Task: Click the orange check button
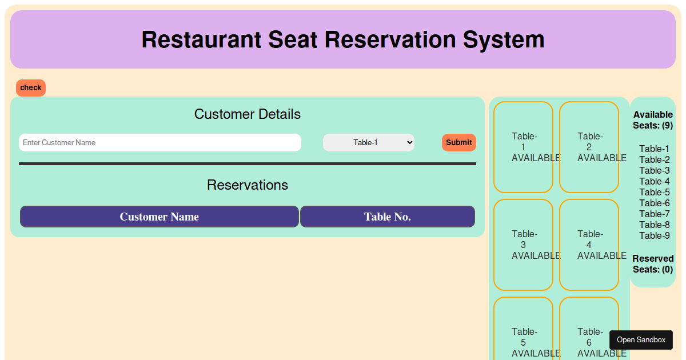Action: (31, 88)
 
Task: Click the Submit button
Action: (458, 142)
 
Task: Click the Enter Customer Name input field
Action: (160, 142)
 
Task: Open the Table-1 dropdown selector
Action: (369, 142)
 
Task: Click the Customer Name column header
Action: (159, 217)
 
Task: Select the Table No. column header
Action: (388, 217)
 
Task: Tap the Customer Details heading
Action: (248, 114)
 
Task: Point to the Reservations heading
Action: (248, 185)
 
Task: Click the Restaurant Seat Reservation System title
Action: (343, 39)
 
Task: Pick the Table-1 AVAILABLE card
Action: (523, 147)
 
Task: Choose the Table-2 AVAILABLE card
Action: (589, 147)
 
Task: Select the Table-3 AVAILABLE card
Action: (523, 245)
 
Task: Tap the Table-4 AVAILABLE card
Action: (589, 245)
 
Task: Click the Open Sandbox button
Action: (641, 340)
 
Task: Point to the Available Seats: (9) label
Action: (653, 120)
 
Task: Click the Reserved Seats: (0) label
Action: (653, 264)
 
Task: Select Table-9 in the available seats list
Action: (655, 235)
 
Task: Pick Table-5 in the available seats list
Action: (655, 192)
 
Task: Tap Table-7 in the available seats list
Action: (655, 214)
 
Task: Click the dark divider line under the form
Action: (248, 164)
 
